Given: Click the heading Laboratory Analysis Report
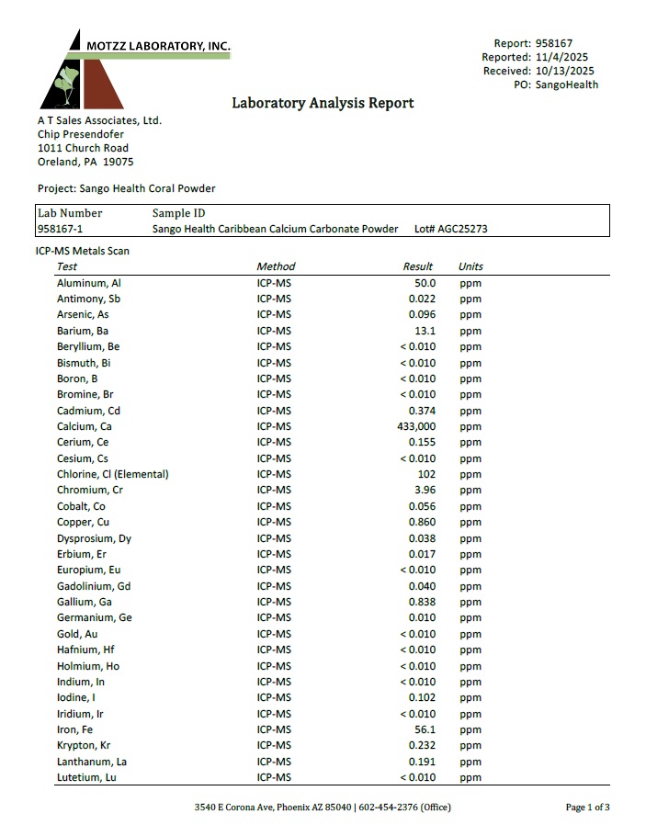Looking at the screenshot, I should (x=323, y=103).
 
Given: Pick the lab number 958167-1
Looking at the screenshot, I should (x=64, y=229).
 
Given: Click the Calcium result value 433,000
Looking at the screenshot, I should (x=416, y=426).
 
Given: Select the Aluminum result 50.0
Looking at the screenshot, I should (x=425, y=283).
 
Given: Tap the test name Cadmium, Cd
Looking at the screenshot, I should (x=88, y=411).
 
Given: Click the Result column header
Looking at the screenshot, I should (x=418, y=266).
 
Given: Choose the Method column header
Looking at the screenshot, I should (x=276, y=266).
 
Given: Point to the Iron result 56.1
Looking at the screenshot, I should (x=425, y=729).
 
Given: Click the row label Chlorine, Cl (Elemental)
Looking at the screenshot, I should (x=112, y=474).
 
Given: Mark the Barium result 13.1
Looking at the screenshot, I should (x=425, y=331).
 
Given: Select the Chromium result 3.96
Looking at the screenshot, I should (x=424, y=490).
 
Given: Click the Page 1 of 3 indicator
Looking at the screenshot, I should (x=587, y=808).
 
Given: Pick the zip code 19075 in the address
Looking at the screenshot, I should (x=119, y=162).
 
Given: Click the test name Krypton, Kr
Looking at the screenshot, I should (x=85, y=745).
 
